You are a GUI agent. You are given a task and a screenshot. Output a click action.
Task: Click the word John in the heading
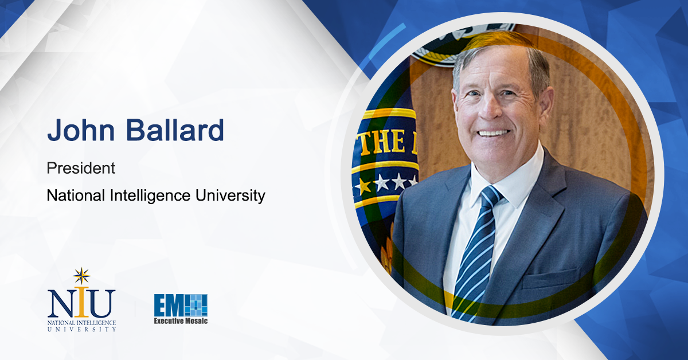[x=77, y=131]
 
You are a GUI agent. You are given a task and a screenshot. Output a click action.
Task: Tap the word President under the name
[x=80, y=169]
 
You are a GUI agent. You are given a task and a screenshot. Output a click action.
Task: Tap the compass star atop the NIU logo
[x=81, y=276]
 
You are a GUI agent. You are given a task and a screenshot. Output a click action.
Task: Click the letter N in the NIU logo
[x=60, y=304]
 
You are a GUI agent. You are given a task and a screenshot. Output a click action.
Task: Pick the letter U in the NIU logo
[x=103, y=304]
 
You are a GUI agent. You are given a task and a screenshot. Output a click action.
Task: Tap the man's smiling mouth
[x=494, y=133]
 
